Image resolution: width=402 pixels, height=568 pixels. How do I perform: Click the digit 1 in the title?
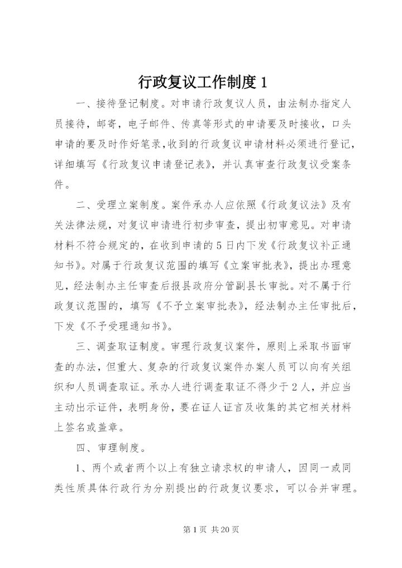click(x=264, y=83)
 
